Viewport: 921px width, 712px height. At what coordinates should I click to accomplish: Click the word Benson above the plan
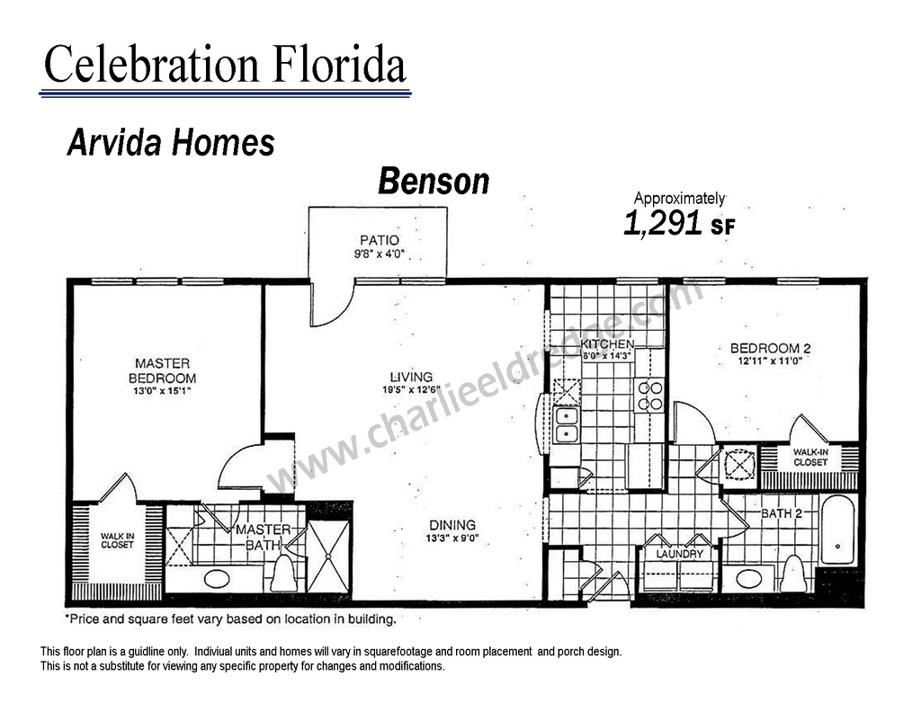[x=434, y=181]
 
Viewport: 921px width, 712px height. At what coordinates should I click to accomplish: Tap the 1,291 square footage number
[x=663, y=223]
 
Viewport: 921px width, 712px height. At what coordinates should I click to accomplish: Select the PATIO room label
[x=380, y=240]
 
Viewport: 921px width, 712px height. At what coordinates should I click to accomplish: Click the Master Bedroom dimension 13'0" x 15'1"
[x=162, y=390]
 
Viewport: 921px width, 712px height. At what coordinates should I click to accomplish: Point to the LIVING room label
[x=411, y=377]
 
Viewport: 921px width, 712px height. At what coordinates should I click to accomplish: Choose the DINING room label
[x=452, y=525]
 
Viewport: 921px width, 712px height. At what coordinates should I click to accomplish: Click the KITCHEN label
[x=607, y=344]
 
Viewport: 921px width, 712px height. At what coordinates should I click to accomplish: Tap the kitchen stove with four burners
[x=650, y=396]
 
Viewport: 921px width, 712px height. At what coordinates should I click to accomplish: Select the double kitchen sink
[x=567, y=425]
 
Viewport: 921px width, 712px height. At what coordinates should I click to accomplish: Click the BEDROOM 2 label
[x=770, y=348]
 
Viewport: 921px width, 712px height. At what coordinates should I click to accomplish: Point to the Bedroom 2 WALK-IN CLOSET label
[x=810, y=458]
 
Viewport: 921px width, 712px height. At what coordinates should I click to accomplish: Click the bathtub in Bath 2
[x=837, y=530]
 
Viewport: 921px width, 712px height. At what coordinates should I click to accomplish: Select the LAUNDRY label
[x=680, y=554]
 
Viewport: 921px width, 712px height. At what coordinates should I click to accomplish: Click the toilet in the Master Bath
[x=283, y=574]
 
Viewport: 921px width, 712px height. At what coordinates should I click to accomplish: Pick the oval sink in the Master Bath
[x=217, y=579]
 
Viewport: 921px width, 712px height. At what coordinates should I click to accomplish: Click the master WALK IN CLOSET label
[x=118, y=540]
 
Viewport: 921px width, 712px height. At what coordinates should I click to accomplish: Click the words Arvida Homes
[x=171, y=143]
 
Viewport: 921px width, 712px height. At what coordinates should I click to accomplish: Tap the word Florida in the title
[x=339, y=64]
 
